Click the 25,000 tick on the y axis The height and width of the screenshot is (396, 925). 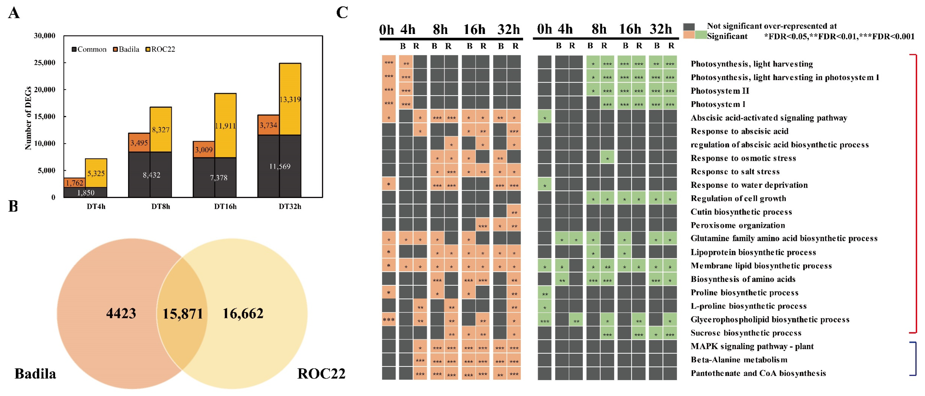45,63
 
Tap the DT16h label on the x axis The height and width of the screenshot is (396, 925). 225,207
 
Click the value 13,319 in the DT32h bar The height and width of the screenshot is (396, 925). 290,99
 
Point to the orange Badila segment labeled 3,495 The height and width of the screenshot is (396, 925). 139,143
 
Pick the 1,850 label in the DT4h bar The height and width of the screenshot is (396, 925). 86,193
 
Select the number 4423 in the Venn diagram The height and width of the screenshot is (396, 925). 121,313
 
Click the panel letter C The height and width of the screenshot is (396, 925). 342,13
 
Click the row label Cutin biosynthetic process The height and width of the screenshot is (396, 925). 741,212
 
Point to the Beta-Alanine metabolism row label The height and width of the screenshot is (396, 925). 739,360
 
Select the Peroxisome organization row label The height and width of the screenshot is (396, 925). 738,225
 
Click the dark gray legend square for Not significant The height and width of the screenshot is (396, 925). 689,26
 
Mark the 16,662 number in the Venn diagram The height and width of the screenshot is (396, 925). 243,313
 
